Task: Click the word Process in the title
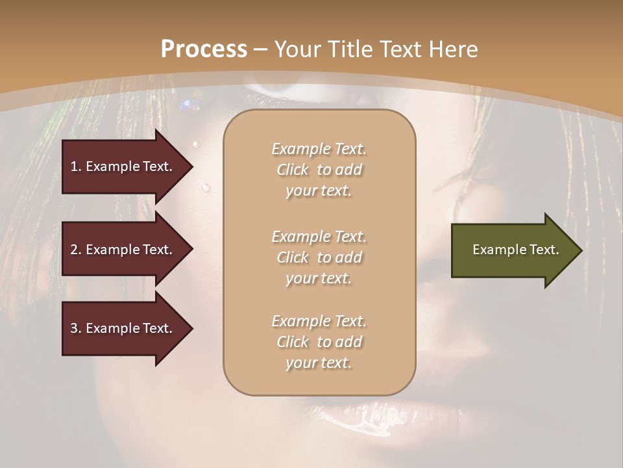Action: (x=204, y=49)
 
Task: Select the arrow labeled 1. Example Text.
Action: (x=123, y=166)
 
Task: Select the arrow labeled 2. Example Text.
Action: (x=123, y=250)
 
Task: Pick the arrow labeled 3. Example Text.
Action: (x=123, y=328)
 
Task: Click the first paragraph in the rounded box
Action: (x=319, y=170)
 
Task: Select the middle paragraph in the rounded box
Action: (x=319, y=257)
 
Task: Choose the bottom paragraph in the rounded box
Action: (x=319, y=342)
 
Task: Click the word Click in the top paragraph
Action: (x=293, y=170)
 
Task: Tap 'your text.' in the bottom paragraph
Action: (x=319, y=363)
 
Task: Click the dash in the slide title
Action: (x=260, y=49)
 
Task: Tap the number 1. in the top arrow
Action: (x=76, y=166)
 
